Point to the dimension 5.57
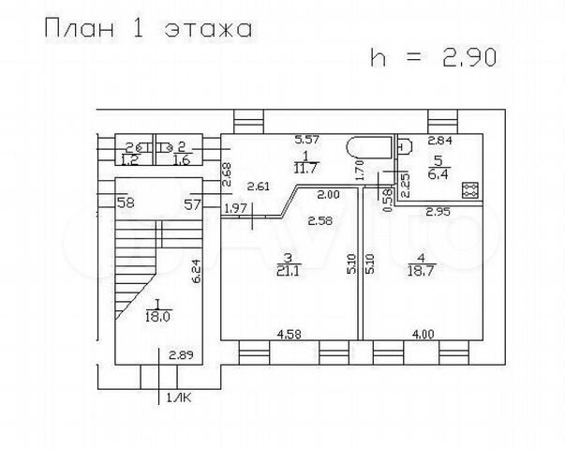308,140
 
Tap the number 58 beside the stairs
124,202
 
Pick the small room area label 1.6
182,160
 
